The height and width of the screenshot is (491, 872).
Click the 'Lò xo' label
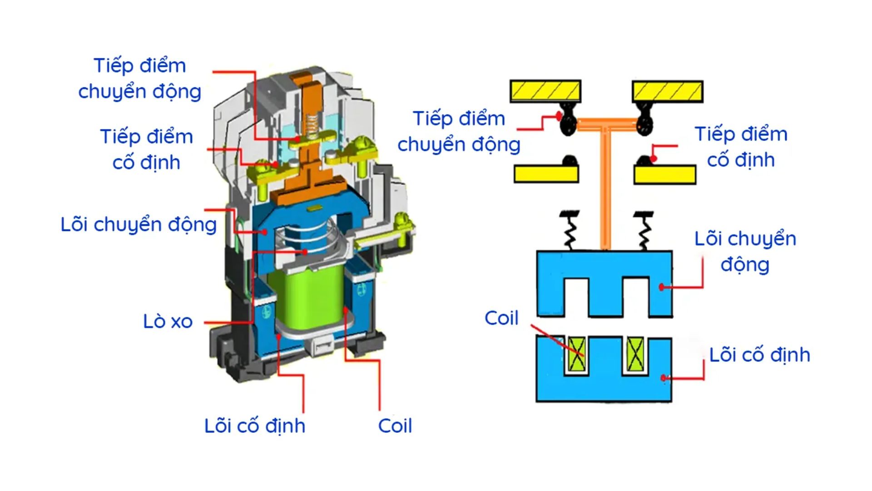click(x=168, y=321)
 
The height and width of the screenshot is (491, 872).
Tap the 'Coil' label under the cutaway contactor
click(x=395, y=426)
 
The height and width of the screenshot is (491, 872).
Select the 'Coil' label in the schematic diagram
click(x=501, y=318)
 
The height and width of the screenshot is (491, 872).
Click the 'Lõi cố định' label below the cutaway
click(x=254, y=426)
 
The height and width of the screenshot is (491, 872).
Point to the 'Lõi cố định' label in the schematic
click(x=759, y=355)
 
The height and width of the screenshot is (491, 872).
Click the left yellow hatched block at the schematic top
click(x=545, y=91)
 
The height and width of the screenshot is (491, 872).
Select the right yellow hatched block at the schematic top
click(x=667, y=91)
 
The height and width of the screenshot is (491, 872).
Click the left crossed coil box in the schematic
click(x=577, y=354)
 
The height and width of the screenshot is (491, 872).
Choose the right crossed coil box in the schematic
click(x=635, y=354)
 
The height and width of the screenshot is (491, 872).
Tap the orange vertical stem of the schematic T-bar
click(x=604, y=191)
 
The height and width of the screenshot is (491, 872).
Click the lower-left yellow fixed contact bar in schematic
click(x=546, y=174)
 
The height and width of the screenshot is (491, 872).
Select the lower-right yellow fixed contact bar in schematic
click(x=665, y=175)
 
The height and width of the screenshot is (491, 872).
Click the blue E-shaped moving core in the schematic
click(x=604, y=268)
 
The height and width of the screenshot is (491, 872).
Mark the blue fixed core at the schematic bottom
click(x=604, y=386)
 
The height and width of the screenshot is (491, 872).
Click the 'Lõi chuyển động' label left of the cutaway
click(x=139, y=225)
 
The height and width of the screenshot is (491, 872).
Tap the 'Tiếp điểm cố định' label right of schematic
click(x=741, y=147)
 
